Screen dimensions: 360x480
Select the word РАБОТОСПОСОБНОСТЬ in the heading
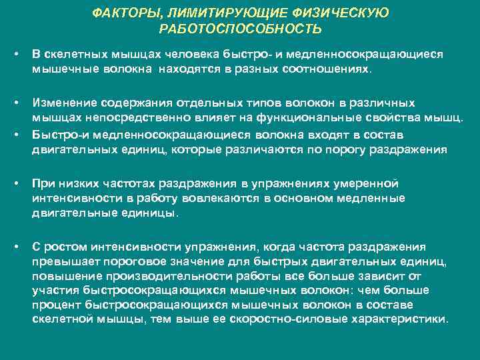240,29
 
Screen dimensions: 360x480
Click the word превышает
61,261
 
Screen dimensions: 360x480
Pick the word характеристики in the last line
407,319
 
